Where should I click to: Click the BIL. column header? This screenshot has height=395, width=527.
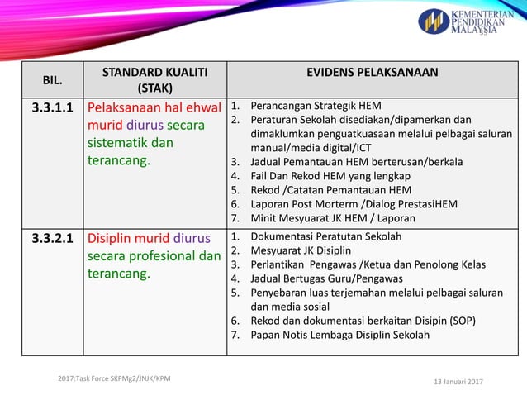51,79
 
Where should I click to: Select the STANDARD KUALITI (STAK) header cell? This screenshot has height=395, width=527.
154,79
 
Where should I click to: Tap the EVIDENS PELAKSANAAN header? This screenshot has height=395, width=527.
372,73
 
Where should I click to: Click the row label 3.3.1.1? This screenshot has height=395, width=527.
51,108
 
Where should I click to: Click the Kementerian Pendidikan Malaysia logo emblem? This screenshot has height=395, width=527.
434,21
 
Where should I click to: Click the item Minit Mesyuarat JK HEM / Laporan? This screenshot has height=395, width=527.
333,218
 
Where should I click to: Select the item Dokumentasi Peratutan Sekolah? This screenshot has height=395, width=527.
325,236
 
